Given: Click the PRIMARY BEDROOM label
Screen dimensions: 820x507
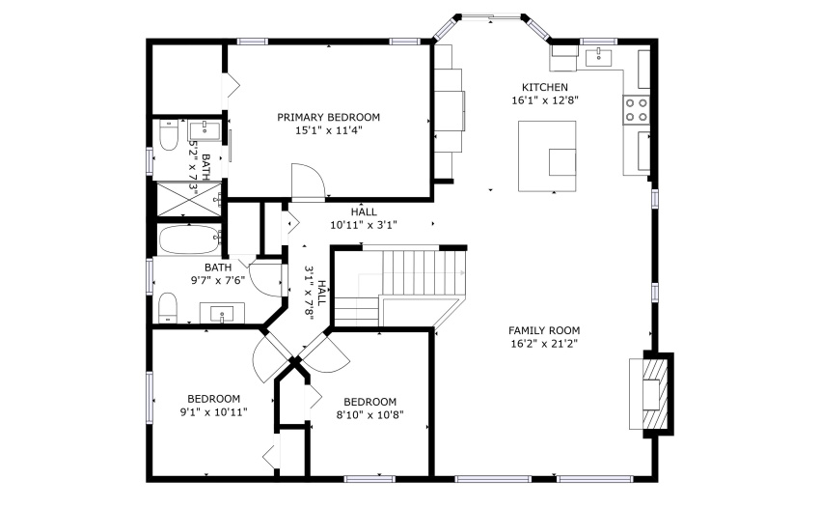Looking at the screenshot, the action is coord(328,117).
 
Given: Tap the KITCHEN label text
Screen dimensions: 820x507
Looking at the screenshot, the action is coord(545,88).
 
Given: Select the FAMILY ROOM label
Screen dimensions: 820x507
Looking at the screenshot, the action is coord(544,330).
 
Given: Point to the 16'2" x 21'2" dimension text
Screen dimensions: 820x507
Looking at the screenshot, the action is coord(544,344).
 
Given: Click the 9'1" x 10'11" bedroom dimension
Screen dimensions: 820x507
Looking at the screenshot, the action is coord(214,412).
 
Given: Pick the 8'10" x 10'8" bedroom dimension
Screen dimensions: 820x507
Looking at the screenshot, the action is coord(369,415).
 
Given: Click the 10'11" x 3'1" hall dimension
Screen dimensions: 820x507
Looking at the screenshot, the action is coord(364,225).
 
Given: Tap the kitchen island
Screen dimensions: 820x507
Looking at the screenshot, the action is coord(547,156).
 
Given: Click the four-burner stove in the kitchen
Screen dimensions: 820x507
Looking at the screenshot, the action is coord(636,110).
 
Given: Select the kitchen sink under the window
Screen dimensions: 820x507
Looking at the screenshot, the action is coord(599,57).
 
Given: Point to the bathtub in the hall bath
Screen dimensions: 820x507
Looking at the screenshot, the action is coord(189,239).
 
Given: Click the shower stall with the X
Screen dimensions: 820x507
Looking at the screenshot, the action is coord(189,199).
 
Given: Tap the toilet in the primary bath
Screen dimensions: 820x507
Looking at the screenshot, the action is coord(170,134).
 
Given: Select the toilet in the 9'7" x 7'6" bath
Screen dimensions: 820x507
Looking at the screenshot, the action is coord(168,307).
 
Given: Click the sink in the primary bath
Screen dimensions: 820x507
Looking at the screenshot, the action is coord(205,131).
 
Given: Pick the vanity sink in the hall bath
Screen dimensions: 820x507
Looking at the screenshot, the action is coord(223,314).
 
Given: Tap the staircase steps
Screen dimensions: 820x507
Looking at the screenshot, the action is coord(424,273).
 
